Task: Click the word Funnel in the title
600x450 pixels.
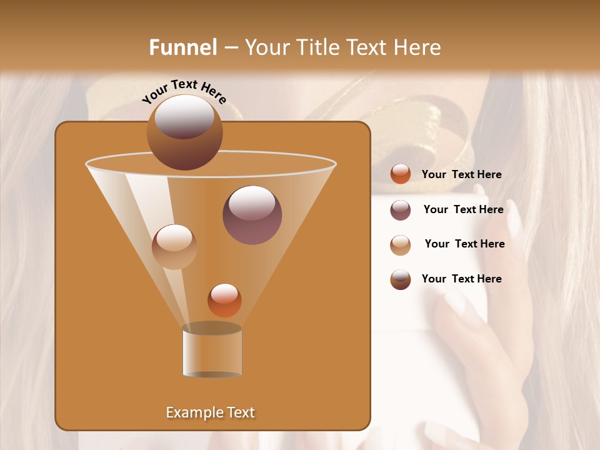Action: tap(182, 47)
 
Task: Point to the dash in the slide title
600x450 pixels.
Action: tap(230, 48)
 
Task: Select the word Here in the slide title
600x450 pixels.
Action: tap(417, 47)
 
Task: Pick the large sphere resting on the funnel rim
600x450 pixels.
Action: tap(185, 132)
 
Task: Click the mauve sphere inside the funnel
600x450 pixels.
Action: tap(252, 215)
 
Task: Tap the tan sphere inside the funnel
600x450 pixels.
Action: tap(174, 247)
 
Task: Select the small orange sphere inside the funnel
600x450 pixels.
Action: tap(224, 300)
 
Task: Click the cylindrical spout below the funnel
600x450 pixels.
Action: tap(212, 351)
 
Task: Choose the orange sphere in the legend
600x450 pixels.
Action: tap(401, 174)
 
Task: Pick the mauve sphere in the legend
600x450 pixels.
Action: tap(401, 210)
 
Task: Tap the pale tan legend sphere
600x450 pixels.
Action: tap(401, 245)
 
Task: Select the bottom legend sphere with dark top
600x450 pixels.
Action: tap(401, 279)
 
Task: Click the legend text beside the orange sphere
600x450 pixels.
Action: tap(461, 174)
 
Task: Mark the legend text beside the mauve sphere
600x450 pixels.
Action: tap(463, 209)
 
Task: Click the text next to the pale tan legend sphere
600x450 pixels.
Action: tap(464, 244)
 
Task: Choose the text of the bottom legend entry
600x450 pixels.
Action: tap(461, 279)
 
